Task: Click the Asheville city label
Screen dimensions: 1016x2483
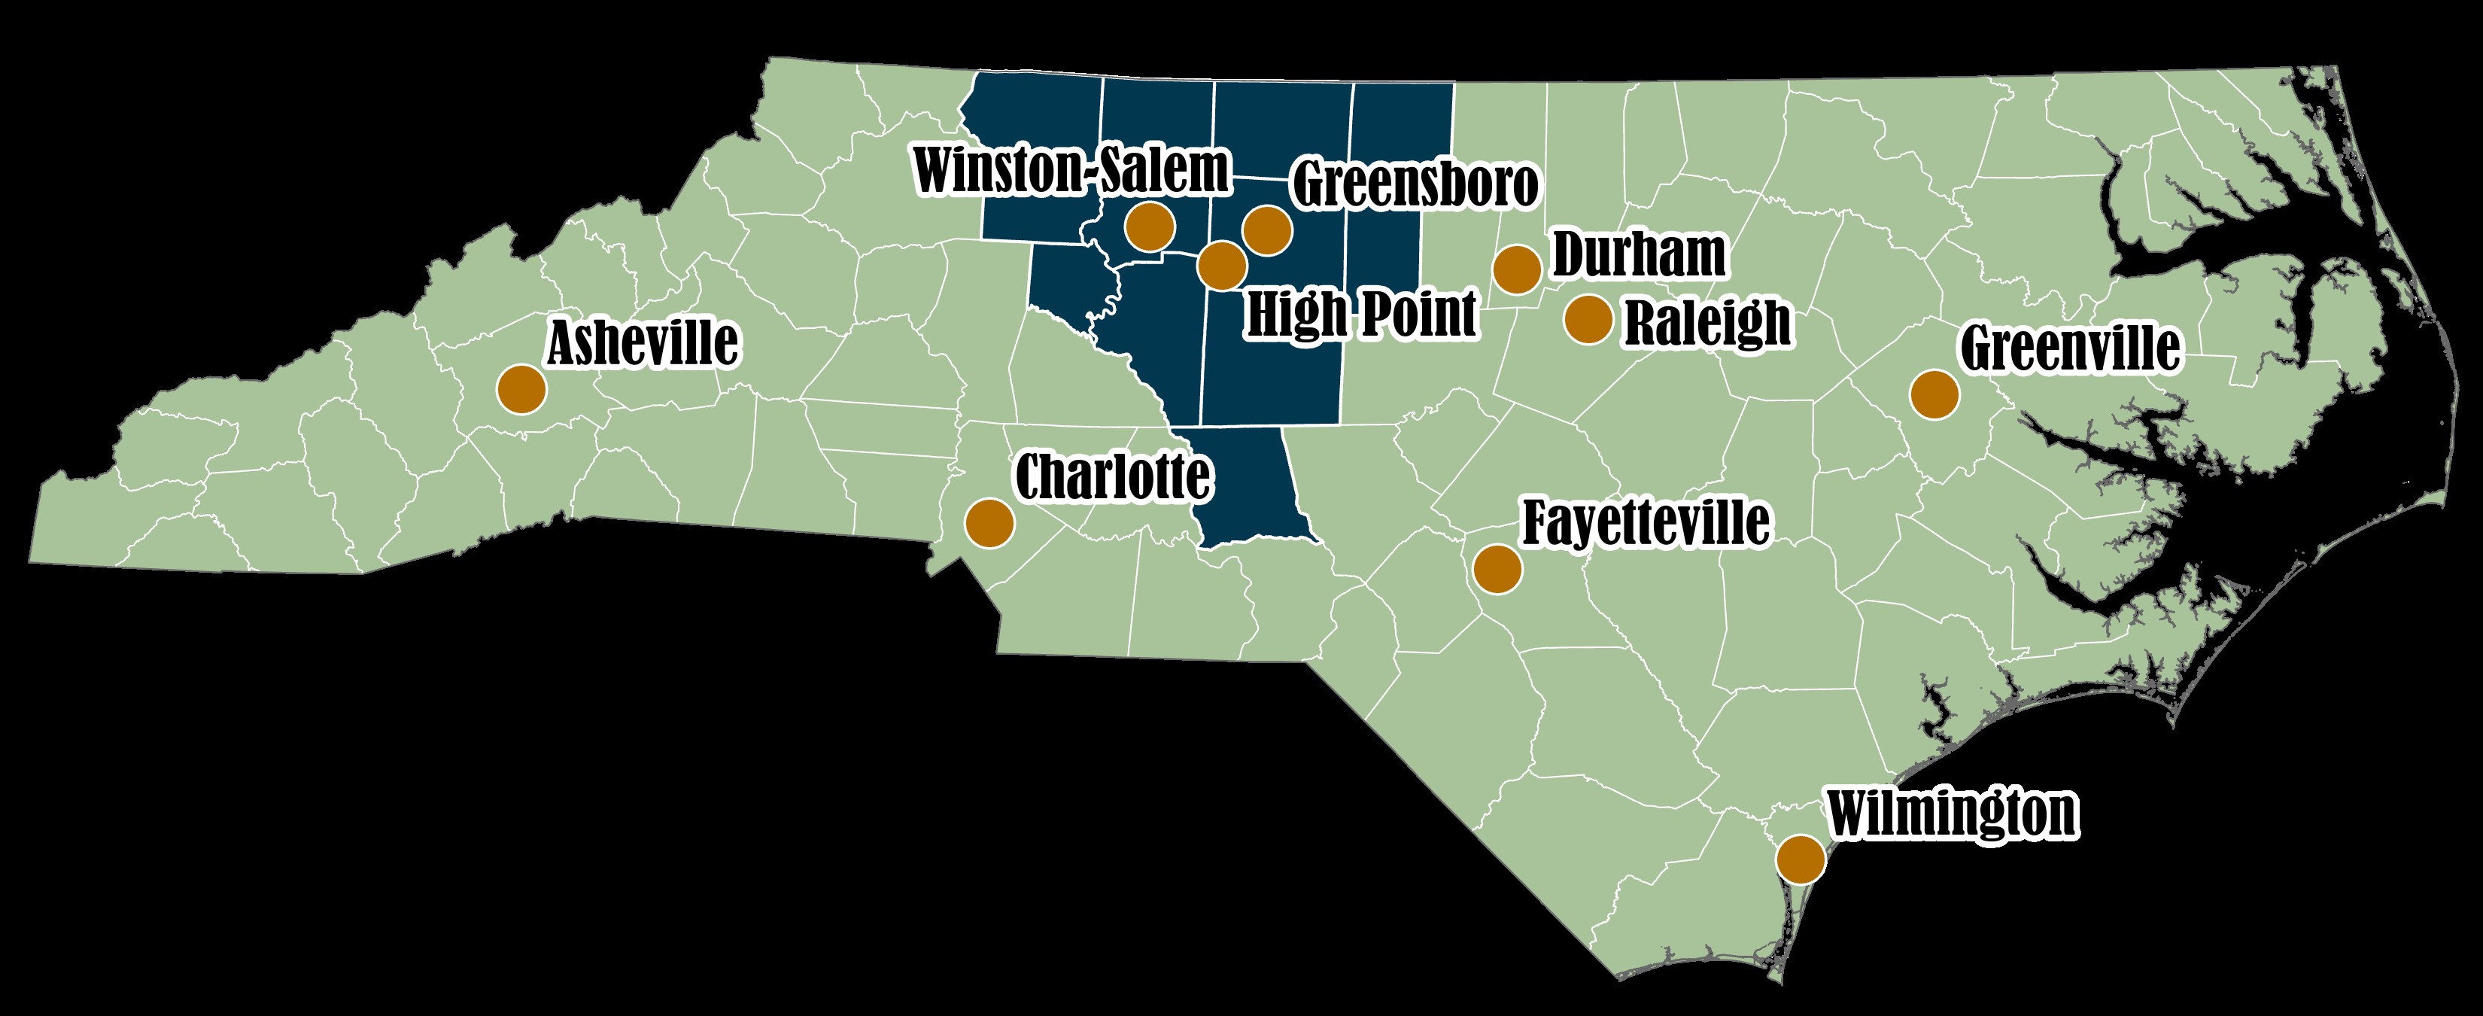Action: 643,343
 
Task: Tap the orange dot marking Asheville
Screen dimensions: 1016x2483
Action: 521,389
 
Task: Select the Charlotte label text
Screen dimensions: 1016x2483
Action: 1114,477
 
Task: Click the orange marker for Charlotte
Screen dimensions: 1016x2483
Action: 989,523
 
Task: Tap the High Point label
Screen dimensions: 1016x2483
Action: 1361,313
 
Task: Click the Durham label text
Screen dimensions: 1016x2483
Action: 1639,254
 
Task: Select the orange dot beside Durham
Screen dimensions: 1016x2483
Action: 1517,269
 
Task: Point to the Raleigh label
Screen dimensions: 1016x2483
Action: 1708,322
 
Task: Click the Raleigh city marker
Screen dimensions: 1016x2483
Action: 1588,319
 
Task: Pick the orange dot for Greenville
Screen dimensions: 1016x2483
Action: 1934,394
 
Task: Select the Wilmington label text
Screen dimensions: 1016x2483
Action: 1952,814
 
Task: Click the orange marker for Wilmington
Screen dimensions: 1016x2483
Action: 1801,859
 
